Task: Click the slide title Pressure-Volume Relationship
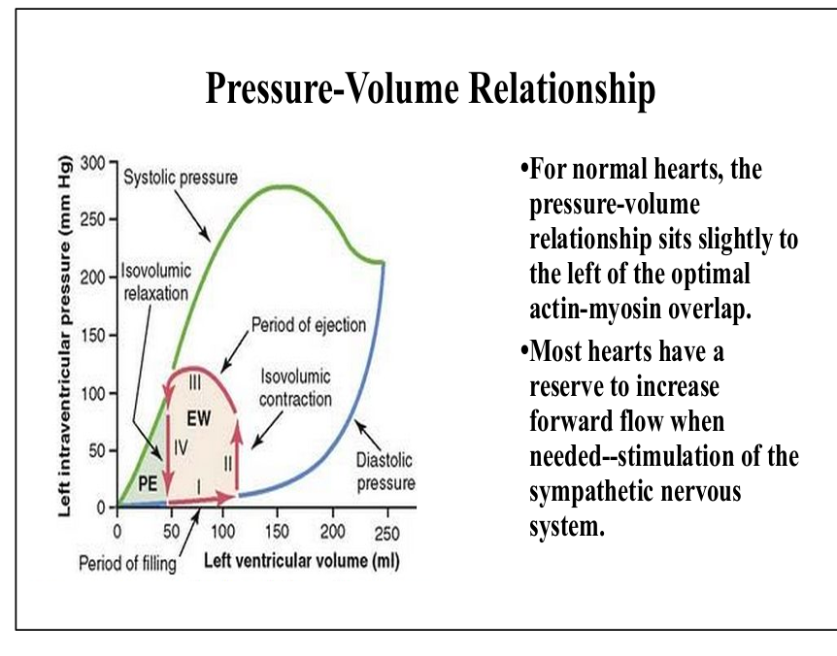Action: click(x=430, y=88)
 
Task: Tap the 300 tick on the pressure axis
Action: click(x=93, y=163)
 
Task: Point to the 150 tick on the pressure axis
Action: click(x=93, y=336)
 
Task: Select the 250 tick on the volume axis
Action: click(x=387, y=532)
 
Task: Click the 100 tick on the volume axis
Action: click(x=223, y=532)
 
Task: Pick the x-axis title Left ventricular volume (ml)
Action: click(x=302, y=561)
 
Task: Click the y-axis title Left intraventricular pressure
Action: click(x=65, y=336)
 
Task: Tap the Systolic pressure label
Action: click(x=181, y=177)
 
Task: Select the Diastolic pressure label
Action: click(x=385, y=472)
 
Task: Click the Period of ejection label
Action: click(x=309, y=324)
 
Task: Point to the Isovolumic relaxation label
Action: click(x=155, y=281)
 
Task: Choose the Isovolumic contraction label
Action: click(x=295, y=388)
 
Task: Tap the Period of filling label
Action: click(x=127, y=563)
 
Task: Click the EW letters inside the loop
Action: click(x=199, y=418)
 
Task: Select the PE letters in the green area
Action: click(x=148, y=483)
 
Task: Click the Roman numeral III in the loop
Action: click(x=195, y=382)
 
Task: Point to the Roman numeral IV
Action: click(x=181, y=447)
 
